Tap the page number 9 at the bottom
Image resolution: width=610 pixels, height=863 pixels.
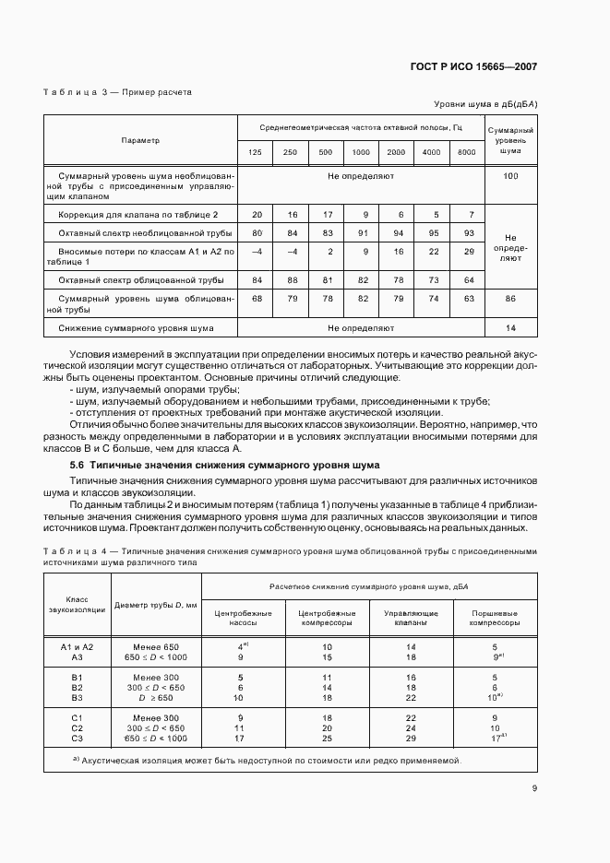534,788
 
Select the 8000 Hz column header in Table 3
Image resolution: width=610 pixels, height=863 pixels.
467,152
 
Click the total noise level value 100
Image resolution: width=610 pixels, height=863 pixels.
510,175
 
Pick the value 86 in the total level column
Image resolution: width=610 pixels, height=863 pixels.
510,300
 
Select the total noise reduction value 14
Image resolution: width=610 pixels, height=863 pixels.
510,327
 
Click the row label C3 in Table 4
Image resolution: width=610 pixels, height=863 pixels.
77,739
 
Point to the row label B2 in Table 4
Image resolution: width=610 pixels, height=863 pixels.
77,688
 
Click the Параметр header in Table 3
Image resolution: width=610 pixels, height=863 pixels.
140,140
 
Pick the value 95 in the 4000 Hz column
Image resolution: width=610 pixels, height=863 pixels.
431,232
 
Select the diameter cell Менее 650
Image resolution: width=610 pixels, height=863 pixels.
156,647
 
